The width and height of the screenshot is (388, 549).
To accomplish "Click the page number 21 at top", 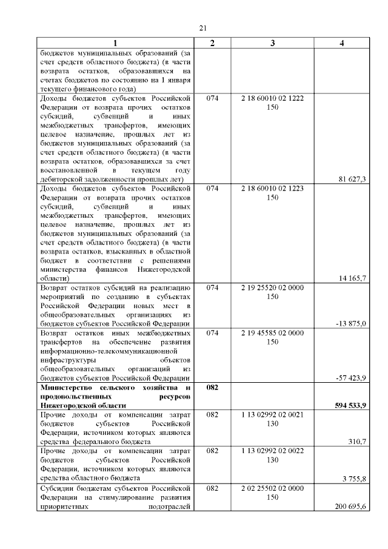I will pyautogui.click(x=203, y=27).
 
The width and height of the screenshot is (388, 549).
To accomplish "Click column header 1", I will pyautogui.click(x=115, y=43).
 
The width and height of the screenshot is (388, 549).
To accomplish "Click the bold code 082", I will pyautogui.click(x=212, y=387).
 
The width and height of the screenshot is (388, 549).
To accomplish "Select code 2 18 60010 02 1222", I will pyautogui.click(x=273, y=98).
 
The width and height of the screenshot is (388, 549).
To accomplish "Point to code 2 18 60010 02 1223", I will pyautogui.click(x=273, y=189).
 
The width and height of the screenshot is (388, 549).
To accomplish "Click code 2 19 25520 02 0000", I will pyautogui.click(x=273, y=288).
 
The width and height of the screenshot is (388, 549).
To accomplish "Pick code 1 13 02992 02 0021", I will pyautogui.click(x=273, y=414).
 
